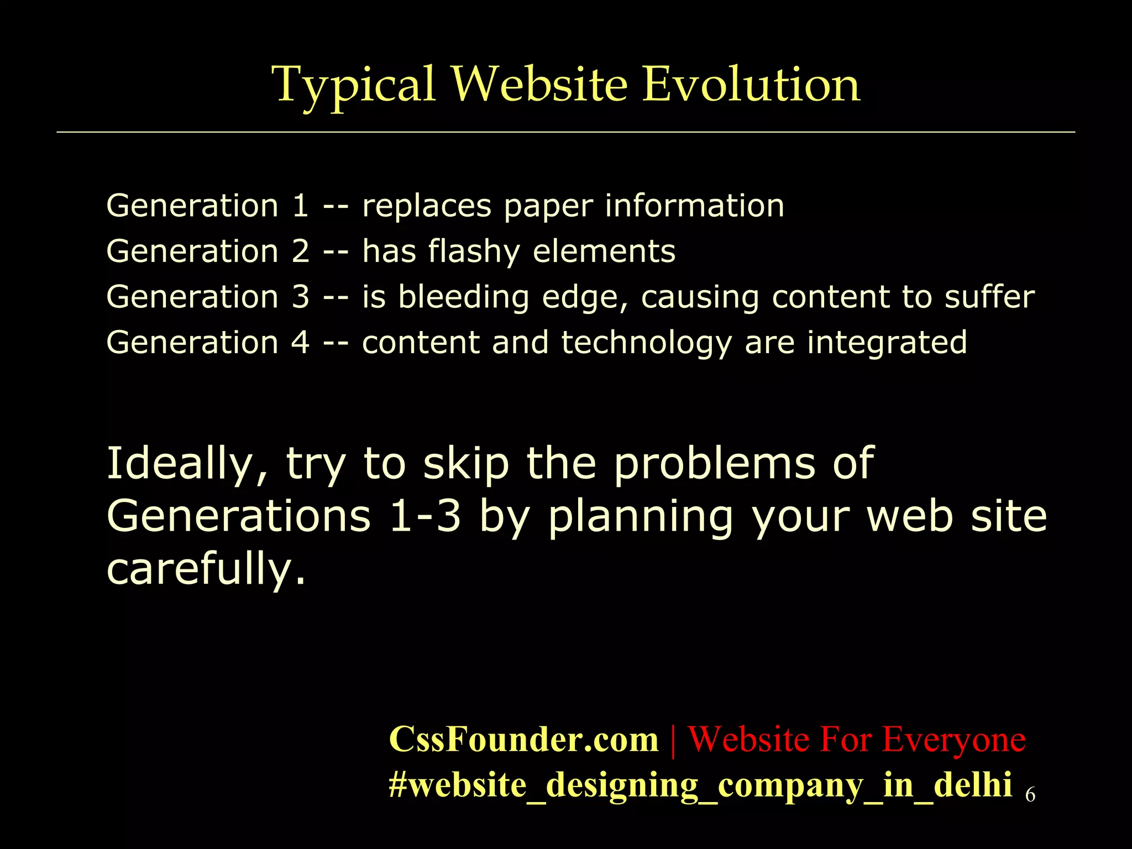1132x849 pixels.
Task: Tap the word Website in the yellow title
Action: tap(539, 84)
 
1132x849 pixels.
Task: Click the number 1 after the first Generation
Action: tap(300, 206)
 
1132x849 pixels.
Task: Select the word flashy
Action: tap(474, 252)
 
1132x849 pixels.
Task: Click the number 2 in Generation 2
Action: tap(300, 251)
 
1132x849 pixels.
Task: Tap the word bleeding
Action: tap(464, 297)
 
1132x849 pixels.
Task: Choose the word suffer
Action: tap(989, 297)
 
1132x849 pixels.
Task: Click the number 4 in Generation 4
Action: tap(300, 342)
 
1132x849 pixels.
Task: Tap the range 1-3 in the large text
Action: tap(424, 516)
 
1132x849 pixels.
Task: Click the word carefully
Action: tap(206, 569)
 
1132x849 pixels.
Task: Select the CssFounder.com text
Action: tap(523, 739)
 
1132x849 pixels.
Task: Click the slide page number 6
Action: tap(1030, 795)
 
